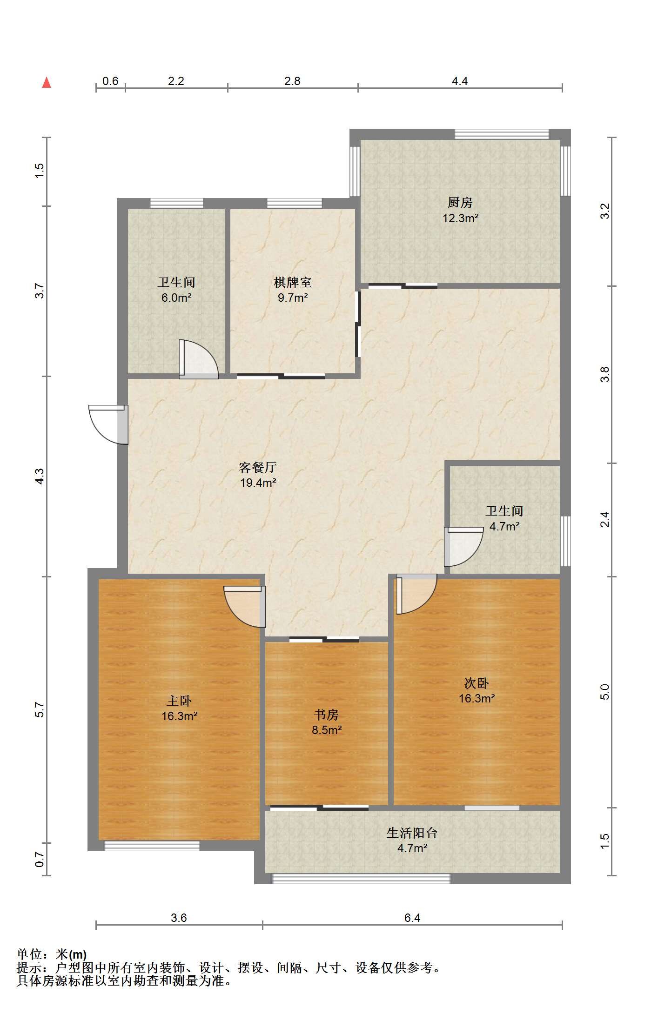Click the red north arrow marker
(x=47, y=82)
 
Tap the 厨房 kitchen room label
(x=460, y=202)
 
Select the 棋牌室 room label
(x=293, y=282)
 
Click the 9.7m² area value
(x=293, y=298)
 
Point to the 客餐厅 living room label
(x=258, y=467)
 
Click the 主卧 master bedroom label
(x=179, y=701)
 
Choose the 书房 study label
(x=326, y=715)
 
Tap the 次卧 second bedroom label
(x=477, y=683)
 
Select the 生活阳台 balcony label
(x=412, y=833)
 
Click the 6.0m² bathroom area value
(x=176, y=298)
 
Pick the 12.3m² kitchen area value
(x=461, y=218)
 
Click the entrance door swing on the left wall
(x=108, y=424)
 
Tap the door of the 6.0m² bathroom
(x=199, y=359)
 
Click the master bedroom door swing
(x=245, y=607)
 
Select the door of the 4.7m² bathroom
(x=463, y=547)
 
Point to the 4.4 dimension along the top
(x=460, y=81)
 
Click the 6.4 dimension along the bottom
(x=412, y=918)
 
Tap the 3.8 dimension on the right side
(x=604, y=374)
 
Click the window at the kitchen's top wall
(x=502, y=134)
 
